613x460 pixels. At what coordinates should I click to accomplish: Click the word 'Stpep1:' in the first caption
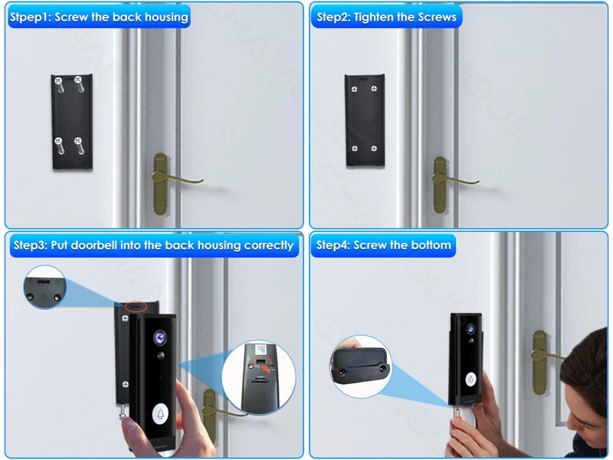[31, 17]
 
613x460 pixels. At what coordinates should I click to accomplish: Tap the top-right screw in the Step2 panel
[374, 89]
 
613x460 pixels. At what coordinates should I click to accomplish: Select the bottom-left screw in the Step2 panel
[355, 148]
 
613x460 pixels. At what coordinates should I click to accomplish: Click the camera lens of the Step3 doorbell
[160, 337]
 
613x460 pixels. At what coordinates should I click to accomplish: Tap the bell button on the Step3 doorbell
[160, 413]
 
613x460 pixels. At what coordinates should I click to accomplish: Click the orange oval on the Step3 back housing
[136, 307]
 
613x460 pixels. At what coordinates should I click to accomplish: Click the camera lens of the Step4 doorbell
[470, 329]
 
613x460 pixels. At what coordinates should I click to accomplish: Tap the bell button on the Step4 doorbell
[471, 379]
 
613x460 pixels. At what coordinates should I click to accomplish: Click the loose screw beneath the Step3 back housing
[123, 410]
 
